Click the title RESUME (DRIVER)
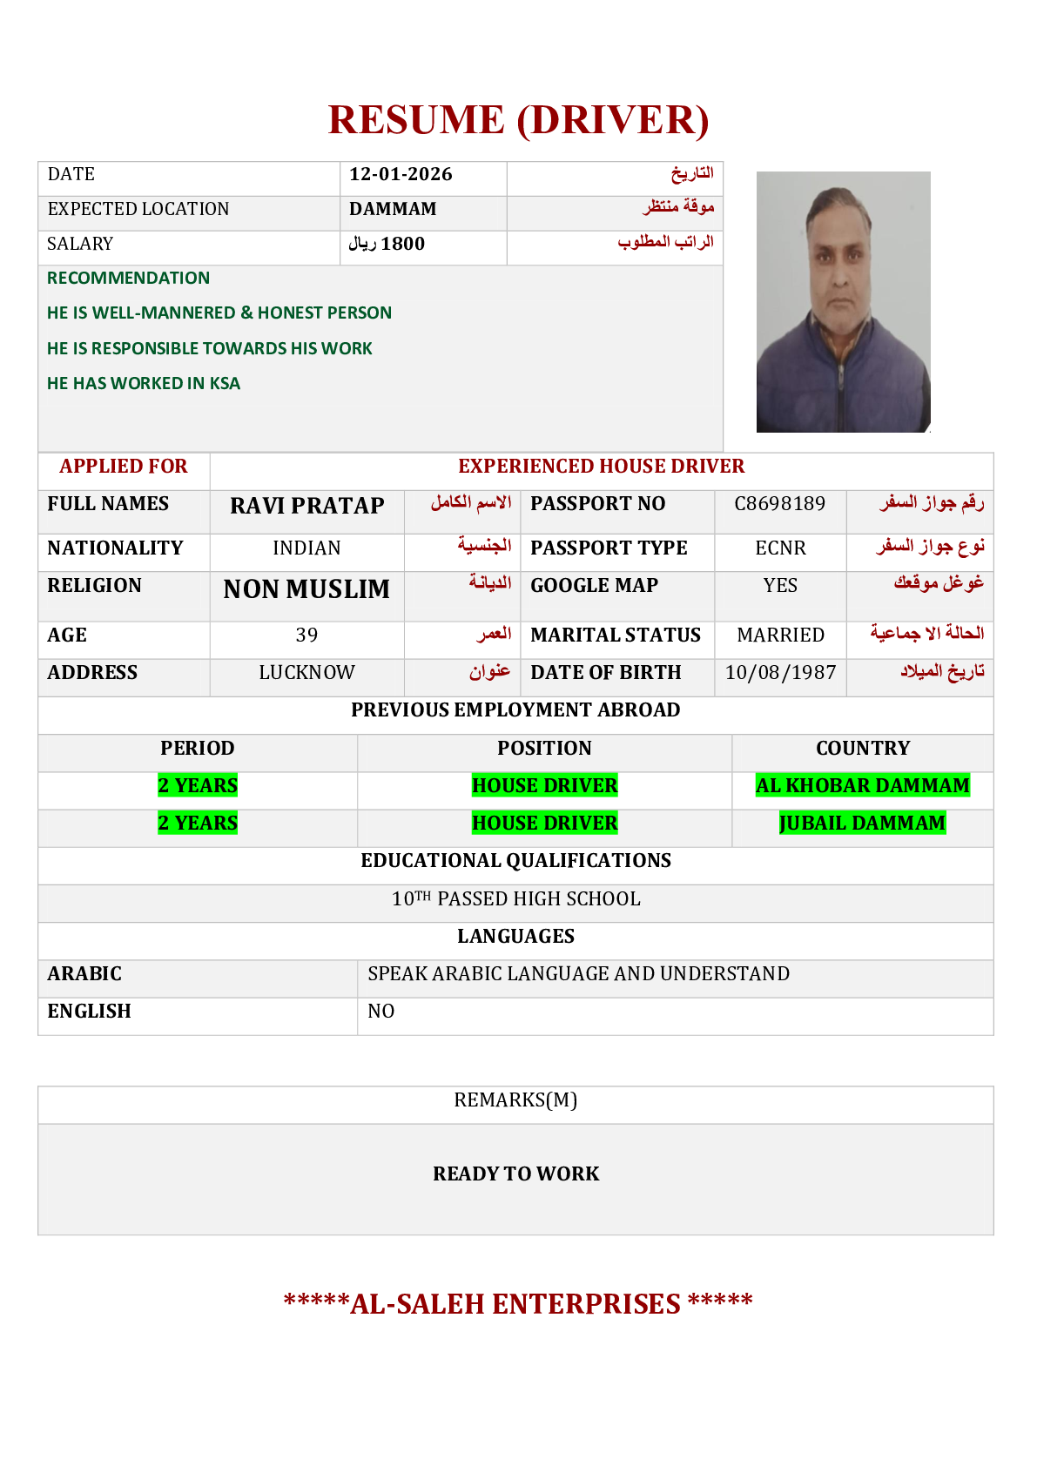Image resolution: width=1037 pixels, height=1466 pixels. click(518, 120)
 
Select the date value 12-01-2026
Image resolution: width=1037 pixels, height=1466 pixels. click(401, 174)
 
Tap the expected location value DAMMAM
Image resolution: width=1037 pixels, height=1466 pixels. click(393, 209)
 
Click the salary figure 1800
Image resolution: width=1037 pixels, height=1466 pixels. click(402, 244)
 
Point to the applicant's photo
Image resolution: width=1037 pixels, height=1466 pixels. click(843, 301)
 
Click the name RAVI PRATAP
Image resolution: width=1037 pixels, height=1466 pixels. click(306, 506)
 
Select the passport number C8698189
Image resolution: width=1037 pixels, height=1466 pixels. click(779, 504)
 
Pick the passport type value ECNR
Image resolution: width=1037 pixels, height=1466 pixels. click(780, 548)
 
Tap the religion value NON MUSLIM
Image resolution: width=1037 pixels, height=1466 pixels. click(306, 589)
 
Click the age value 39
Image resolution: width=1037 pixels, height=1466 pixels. click(306, 635)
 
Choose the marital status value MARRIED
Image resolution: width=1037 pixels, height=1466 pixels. click(780, 635)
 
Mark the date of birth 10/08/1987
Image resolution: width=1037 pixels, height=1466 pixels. click(780, 672)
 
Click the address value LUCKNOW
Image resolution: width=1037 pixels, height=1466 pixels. click(306, 672)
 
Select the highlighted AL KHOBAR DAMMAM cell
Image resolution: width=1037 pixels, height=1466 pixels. click(862, 785)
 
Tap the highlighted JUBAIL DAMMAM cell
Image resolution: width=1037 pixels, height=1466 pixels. click(862, 823)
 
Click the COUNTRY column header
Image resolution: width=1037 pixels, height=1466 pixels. click(862, 748)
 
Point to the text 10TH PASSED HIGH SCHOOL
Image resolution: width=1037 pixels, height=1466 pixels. click(515, 898)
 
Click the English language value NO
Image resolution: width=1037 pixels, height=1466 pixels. click(381, 1011)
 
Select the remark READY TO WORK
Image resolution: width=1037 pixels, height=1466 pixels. click(515, 1173)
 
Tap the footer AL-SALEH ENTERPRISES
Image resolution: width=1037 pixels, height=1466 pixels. click(517, 1303)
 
